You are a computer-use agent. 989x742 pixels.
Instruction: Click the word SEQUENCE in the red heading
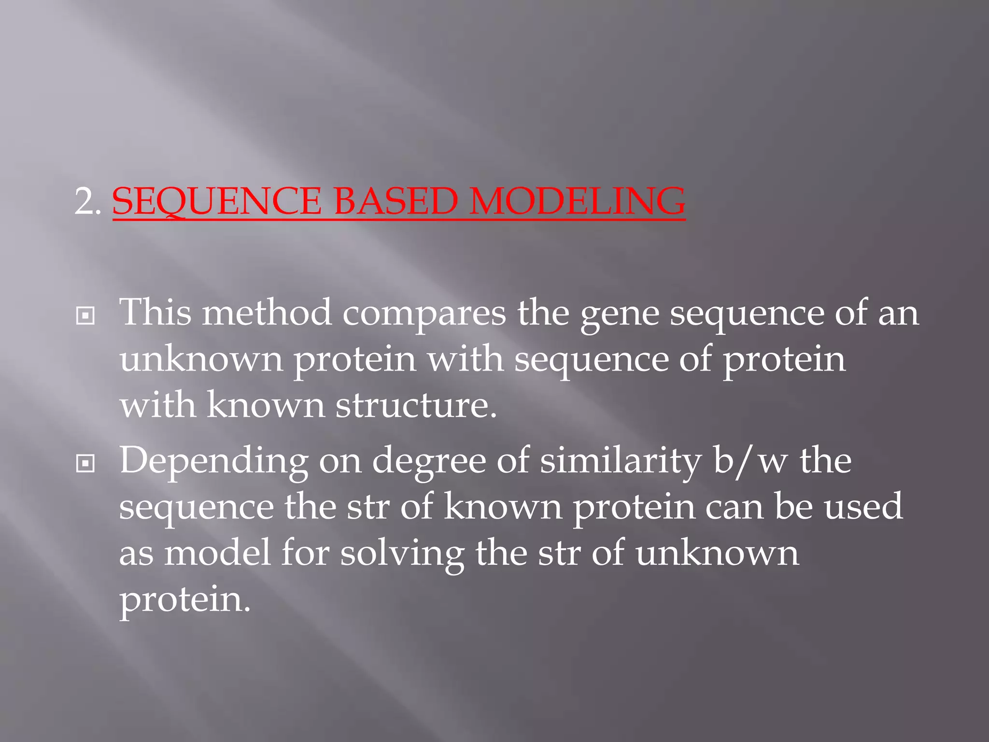click(216, 201)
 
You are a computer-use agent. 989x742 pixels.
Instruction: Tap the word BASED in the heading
click(396, 201)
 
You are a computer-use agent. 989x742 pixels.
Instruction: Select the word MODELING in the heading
click(577, 201)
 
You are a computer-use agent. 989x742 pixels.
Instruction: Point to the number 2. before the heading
click(87, 202)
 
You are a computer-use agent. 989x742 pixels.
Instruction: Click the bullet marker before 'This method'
click(85, 316)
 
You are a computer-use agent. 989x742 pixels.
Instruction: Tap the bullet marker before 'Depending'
click(85, 464)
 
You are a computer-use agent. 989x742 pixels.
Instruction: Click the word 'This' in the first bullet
click(155, 313)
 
